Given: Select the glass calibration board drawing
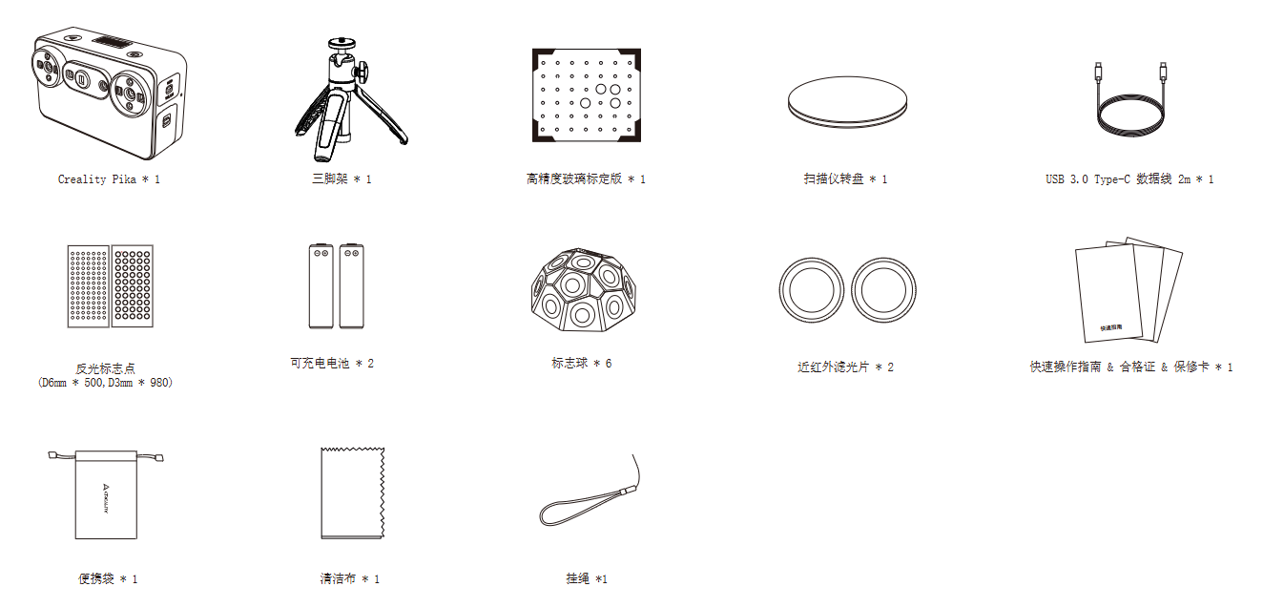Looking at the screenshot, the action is click(587, 94).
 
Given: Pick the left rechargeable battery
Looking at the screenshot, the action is click(321, 286).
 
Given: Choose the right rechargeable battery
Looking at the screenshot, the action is click(351, 286).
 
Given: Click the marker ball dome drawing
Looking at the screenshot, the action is click(584, 289).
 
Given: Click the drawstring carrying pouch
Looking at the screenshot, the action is click(106, 494).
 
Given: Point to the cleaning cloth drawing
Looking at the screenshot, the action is click(352, 493).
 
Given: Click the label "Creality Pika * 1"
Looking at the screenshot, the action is click(109, 179).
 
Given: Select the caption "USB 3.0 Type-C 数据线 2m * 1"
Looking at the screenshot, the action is click(1129, 179).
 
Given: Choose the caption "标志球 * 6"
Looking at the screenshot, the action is click(581, 364).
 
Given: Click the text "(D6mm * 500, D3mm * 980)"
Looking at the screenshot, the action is click(106, 383).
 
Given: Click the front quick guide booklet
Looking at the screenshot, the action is click(1108, 294).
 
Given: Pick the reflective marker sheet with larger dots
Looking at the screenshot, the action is click(133, 286).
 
